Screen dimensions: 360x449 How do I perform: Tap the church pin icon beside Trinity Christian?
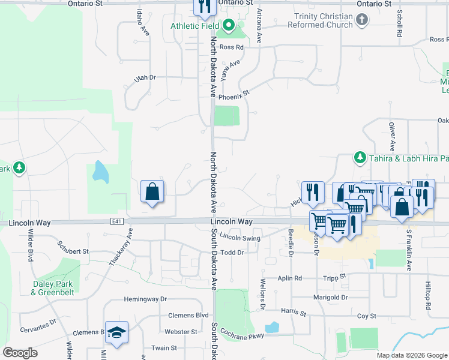[x=361, y=20]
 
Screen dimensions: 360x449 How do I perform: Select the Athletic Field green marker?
[x=228, y=25]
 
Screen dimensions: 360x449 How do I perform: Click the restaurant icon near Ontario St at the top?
[x=204, y=6]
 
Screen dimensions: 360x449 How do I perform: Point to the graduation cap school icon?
[x=118, y=332]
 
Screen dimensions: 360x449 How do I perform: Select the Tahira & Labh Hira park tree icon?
[x=360, y=158]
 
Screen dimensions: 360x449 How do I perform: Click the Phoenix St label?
[x=233, y=95]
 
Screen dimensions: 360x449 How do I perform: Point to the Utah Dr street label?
[x=145, y=77]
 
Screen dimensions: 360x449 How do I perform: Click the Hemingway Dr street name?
[x=145, y=299]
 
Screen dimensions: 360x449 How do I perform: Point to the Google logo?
[x=20, y=353]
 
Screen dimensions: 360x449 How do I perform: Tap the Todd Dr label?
[x=232, y=253]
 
